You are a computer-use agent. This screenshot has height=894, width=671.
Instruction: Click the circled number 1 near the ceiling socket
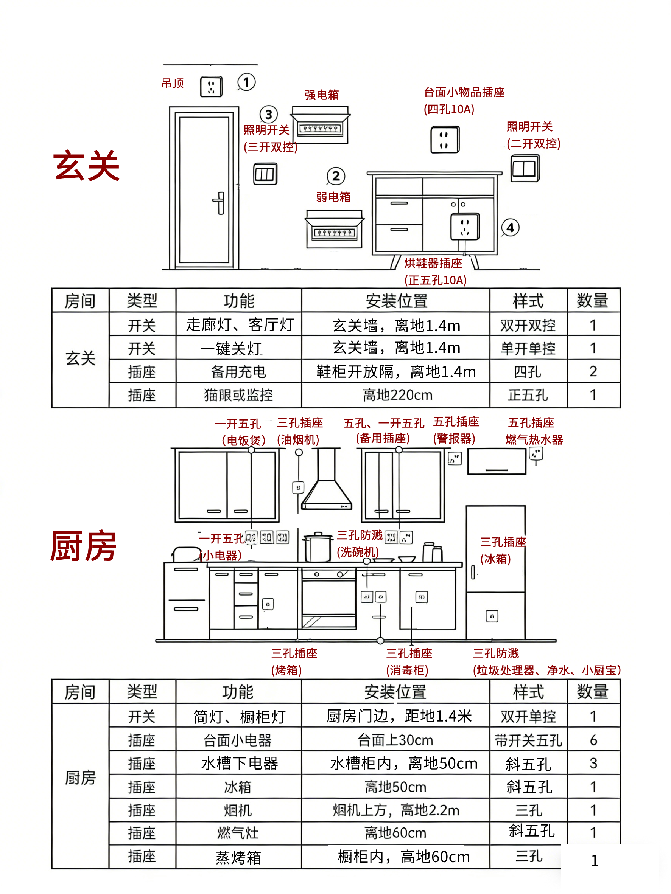coord(246,82)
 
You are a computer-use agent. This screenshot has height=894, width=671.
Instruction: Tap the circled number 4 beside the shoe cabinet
coord(511,228)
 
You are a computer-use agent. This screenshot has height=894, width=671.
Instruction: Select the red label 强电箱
coord(322,95)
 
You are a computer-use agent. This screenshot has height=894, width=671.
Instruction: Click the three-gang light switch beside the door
coord(265,174)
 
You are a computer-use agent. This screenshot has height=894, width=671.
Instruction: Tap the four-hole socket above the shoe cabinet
coord(445,140)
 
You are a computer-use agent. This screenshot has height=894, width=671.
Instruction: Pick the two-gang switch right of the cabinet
coord(525,169)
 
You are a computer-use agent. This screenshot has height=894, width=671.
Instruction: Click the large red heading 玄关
coord(87,166)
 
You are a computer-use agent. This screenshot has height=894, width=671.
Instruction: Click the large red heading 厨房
coord(83,546)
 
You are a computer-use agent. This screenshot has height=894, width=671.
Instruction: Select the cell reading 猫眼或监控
coord(238,395)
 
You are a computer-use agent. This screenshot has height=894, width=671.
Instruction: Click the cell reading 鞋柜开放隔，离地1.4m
coord(395,371)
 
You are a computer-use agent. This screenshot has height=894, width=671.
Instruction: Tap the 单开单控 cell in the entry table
coord(528,348)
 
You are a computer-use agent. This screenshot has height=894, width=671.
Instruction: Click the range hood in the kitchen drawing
coord(326,483)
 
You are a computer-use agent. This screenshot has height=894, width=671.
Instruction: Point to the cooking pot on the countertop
coord(318,547)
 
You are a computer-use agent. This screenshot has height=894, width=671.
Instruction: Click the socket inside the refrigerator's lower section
coord(492,616)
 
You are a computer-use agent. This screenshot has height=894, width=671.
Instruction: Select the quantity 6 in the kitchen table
coord(593,740)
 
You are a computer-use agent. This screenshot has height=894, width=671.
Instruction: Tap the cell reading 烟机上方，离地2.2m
coord(395,810)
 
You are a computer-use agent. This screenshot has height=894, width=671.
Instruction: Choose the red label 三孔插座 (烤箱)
coord(294,661)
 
